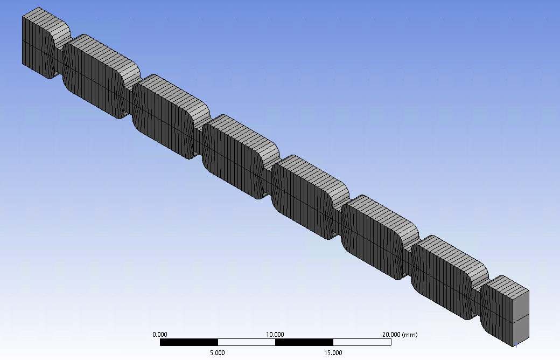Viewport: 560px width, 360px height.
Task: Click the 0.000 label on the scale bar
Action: (x=159, y=335)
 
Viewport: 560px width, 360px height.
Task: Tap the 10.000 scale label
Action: (x=275, y=335)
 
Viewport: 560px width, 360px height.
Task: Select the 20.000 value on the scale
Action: (x=391, y=335)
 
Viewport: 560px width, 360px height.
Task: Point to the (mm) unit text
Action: (x=410, y=335)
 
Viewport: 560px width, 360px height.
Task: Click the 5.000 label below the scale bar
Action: (x=218, y=353)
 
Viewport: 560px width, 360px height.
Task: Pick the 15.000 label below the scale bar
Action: (x=333, y=353)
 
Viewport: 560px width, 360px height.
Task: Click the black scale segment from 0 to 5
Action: (x=189, y=342)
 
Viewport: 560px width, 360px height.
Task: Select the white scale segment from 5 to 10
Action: (x=247, y=342)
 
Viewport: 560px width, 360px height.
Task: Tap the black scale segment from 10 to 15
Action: (x=304, y=342)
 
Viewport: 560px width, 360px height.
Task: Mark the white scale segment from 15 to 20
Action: (x=362, y=342)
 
